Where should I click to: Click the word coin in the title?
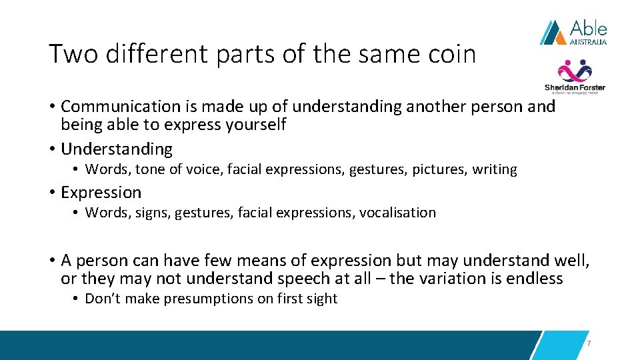click(451, 54)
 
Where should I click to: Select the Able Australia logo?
click(573, 31)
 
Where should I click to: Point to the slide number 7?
click(589, 343)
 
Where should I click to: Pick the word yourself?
click(257, 125)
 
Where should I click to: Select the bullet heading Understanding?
click(117, 149)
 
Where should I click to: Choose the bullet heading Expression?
click(101, 193)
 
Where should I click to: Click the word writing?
click(495, 170)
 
